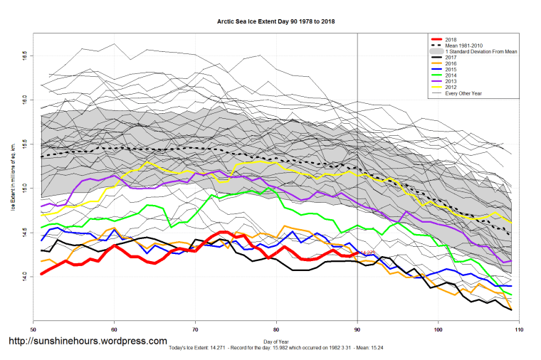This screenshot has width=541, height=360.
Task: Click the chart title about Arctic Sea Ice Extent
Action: pos(276,22)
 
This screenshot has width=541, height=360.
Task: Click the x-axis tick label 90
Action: pos(357,329)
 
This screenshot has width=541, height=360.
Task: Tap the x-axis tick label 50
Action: pos(33,329)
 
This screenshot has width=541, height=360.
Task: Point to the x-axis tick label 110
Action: pos(519,329)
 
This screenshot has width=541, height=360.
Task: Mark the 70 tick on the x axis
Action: pos(195,329)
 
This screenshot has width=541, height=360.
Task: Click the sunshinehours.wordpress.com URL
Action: pos(88,342)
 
